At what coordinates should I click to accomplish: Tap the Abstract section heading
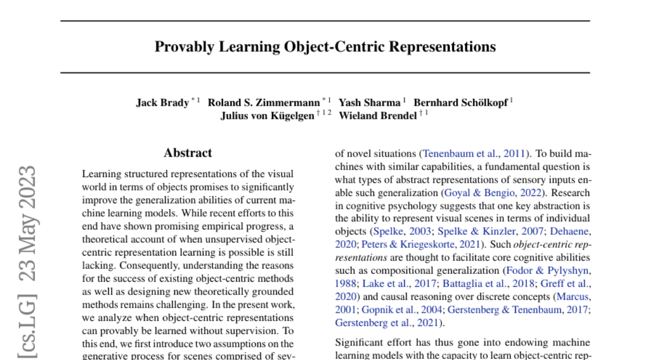click(x=188, y=153)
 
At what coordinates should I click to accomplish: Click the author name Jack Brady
click(x=162, y=103)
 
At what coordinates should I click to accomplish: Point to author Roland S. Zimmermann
click(x=264, y=103)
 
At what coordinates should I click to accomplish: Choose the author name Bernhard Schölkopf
click(x=461, y=103)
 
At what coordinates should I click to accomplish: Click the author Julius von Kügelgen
click(x=267, y=116)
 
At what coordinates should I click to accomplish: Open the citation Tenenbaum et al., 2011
click(x=476, y=153)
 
